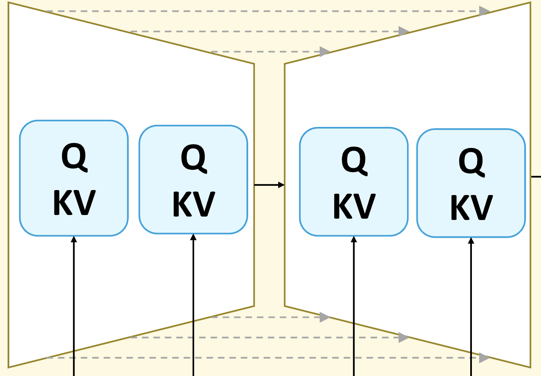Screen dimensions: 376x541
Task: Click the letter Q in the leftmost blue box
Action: (74, 157)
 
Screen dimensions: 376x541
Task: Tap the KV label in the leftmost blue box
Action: (74, 203)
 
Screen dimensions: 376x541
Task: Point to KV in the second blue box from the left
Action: (194, 204)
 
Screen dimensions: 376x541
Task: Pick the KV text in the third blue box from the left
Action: (354, 207)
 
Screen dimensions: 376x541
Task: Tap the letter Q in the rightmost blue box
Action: (471, 162)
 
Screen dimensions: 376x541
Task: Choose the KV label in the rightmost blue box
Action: (471, 208)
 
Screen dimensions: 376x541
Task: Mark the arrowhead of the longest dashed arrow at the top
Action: (485, 11)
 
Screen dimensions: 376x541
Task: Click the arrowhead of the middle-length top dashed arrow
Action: (404, 31)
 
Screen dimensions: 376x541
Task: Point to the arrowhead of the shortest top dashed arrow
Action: (325, 52)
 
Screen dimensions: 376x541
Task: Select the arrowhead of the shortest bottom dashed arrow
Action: (325, 317)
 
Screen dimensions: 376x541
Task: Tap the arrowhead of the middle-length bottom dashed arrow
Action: (404, 337)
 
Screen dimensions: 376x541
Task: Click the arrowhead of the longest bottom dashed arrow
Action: (485, 358)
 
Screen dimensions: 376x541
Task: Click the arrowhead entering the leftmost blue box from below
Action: (74, 239)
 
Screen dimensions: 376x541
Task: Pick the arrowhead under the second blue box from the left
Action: (193, 237)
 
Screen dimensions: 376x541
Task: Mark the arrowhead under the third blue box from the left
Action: (354, 239)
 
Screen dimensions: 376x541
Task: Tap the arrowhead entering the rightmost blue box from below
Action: (471, 241)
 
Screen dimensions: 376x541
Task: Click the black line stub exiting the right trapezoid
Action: (536, 177)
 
